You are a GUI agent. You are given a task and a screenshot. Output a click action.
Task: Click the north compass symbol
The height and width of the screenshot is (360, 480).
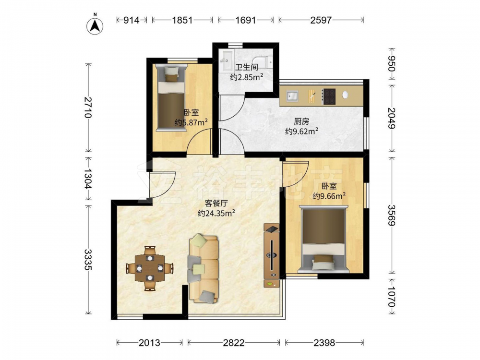point(95,26)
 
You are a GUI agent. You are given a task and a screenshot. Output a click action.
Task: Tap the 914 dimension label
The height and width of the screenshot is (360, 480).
point(132,20)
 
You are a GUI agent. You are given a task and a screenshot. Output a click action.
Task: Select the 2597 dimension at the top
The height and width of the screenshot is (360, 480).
point(321,20)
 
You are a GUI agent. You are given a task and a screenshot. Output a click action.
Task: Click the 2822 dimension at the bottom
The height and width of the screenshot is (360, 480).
point(234,343)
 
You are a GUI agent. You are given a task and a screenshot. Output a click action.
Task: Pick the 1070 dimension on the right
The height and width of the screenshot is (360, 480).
point(392,296)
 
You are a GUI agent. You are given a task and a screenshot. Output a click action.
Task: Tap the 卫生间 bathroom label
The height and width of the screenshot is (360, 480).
point(247,67)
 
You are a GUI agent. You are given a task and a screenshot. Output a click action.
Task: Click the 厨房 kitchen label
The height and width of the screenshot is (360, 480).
point(301,121)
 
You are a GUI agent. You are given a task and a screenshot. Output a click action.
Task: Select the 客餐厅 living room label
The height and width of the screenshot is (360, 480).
point(216,203)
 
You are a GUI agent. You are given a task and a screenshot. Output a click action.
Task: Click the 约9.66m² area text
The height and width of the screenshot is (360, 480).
point(329,196)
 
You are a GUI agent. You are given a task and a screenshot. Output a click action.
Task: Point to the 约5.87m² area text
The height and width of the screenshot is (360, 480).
point(192,122)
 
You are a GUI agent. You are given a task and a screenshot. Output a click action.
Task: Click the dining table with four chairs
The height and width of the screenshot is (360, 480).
point(150,268)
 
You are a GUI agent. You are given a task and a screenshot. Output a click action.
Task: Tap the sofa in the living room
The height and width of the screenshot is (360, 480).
point(204,269)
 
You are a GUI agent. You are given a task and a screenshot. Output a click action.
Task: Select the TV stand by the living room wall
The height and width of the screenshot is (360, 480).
point(272,255)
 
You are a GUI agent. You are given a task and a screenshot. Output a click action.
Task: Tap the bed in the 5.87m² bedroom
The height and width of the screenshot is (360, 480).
point(171,97)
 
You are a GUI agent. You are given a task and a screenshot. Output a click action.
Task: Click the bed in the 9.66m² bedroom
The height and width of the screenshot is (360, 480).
point(324,239)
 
